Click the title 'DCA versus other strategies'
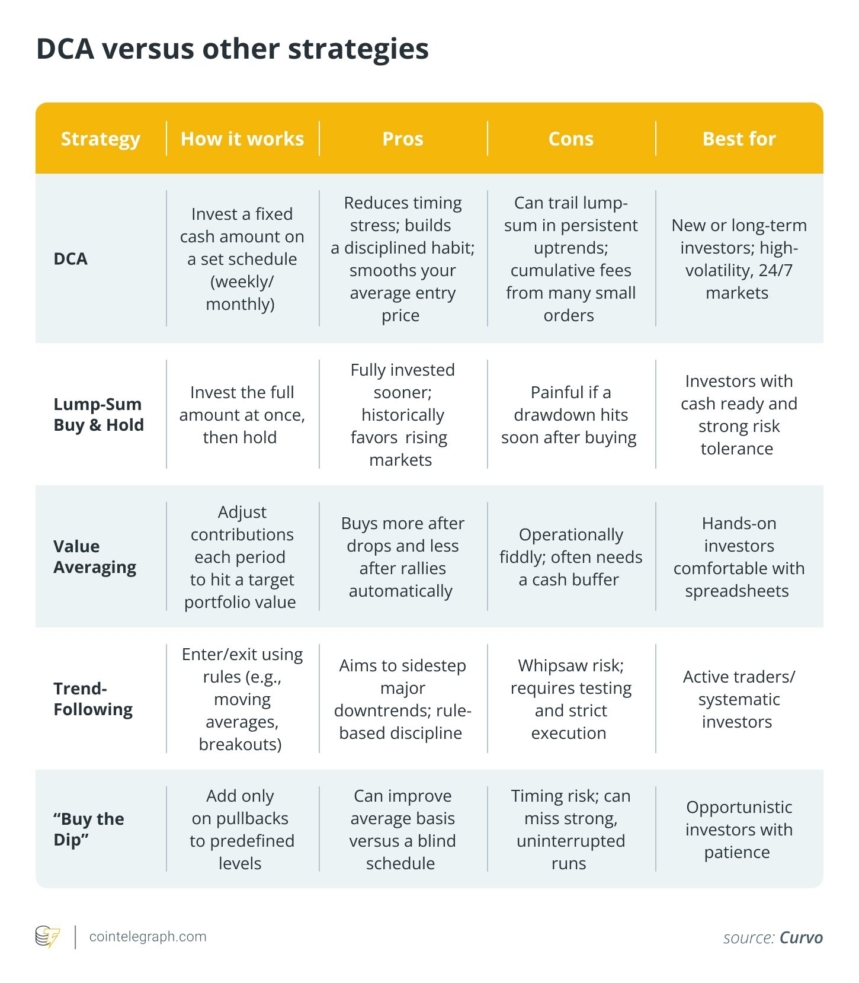232,49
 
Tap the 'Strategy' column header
101,139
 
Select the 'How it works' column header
242,139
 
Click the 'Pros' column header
403,139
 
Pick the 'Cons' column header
571,139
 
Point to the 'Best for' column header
739,139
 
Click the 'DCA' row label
70,259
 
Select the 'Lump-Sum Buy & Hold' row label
98,414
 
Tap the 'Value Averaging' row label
95,556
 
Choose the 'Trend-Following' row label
93,699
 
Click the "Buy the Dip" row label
89,829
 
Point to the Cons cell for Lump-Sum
569,415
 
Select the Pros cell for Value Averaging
402,557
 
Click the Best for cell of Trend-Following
738,699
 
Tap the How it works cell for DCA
242,259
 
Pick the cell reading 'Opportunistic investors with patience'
738,830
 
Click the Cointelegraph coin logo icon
47,937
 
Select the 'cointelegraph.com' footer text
148,937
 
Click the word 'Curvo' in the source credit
801,938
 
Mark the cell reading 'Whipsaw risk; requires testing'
570,699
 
